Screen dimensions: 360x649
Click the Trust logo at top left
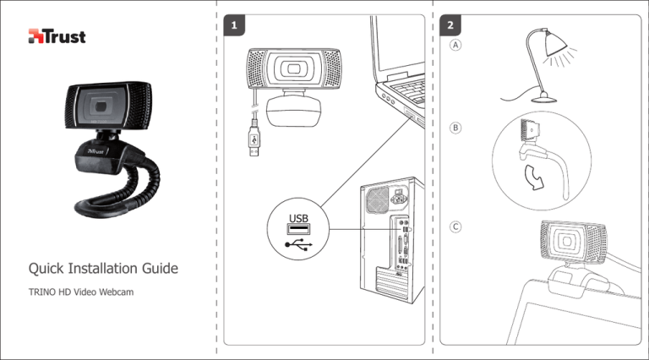pyautogui.click(x=57, y=36)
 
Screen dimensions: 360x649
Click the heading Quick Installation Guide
pyautogui.click(x=103, y=270)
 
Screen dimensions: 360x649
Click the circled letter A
pyautogui.click(x=456, y=46)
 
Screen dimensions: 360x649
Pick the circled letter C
pyautogui.click(x=456, y=227)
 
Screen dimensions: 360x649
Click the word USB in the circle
pyautogui.click(x=298, y=221)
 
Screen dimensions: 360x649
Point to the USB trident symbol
pyautogui.click(x=298, y=244)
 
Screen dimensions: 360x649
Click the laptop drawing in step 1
pyautogui.click(x=397, y=68)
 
